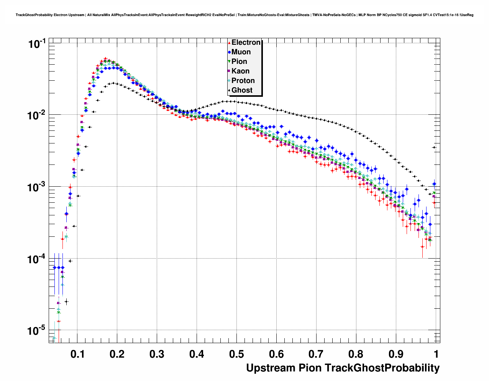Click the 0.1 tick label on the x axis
pyautogui.click(x=77, y=354)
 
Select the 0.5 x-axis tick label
pyautogui.click(x=236, y=354)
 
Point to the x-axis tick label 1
pyautogui.click(x=436, y=354)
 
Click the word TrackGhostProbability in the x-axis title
pyautogui.click(x=382, y=368)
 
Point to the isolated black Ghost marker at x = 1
pyautogui.click(x=434, y=147)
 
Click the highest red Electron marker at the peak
pyautogui.click(x=105, y=59)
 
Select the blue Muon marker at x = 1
pyautogui.click(x=434, y=184)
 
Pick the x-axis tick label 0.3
pyautogui.click(x=157, y=354)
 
